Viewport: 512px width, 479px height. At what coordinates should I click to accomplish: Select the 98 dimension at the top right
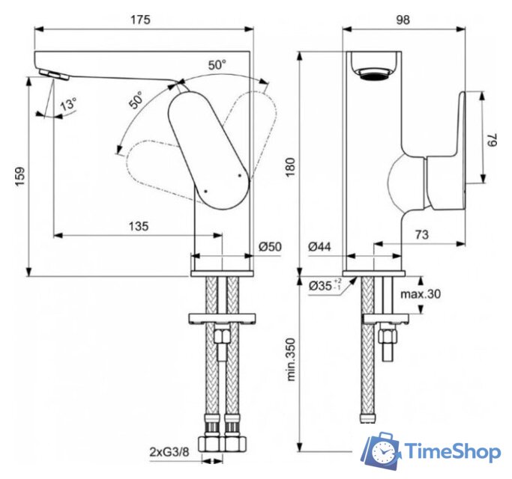click(x=403, y=19)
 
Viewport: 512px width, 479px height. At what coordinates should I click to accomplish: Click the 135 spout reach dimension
click(x=138, y=225)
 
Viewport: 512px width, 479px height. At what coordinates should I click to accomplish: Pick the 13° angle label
click(x=67, y=105)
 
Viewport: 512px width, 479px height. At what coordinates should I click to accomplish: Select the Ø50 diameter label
click(x=270, y=246)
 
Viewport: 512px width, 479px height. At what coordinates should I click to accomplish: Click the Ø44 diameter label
click(x=319, y=246)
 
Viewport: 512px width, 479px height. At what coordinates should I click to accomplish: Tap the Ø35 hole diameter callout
click(x=323, y=286)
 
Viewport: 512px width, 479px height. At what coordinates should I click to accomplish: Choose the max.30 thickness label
click(x=421, y=294)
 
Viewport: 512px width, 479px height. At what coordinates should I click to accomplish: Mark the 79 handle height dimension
click(x=493, y=138)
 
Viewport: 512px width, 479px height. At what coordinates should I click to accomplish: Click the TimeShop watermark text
click(x=453, y=452)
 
